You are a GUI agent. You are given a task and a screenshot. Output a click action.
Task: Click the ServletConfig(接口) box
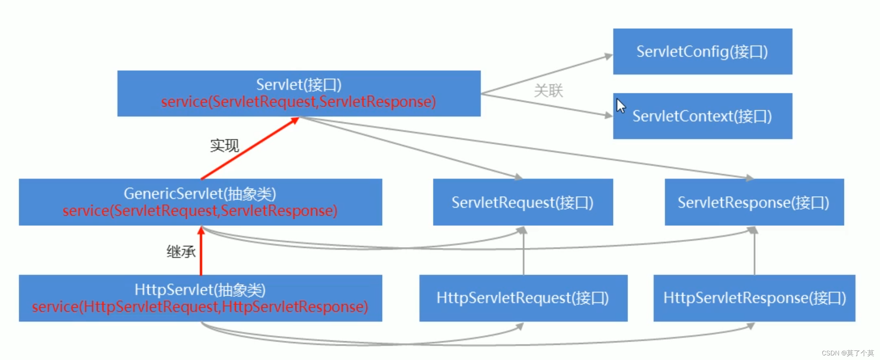702,51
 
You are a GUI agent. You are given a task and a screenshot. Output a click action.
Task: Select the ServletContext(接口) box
702,116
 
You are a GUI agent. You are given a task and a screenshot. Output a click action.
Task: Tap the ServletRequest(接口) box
522,202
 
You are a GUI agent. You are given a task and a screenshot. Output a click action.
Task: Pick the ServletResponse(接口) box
753,202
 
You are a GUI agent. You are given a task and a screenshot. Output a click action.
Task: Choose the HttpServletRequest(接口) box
523,298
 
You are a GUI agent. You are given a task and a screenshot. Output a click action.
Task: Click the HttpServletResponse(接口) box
754,298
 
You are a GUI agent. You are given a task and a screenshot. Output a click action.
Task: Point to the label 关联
548,91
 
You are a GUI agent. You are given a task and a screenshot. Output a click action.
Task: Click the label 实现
224,145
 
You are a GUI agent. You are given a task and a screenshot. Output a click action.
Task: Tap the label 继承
181,251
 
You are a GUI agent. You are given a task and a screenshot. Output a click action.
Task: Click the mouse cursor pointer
620,105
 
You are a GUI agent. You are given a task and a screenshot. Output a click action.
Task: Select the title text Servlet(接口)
299,85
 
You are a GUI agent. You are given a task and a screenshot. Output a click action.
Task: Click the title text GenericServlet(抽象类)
200,194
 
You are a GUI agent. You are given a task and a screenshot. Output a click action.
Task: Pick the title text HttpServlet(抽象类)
200,290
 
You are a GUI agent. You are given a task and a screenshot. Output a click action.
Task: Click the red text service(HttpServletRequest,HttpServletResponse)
200,307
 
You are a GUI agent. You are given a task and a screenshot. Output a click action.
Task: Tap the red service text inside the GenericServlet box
200,211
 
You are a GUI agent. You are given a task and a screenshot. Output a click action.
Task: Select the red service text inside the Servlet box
298,102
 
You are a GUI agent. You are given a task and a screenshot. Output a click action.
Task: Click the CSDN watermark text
847,353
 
